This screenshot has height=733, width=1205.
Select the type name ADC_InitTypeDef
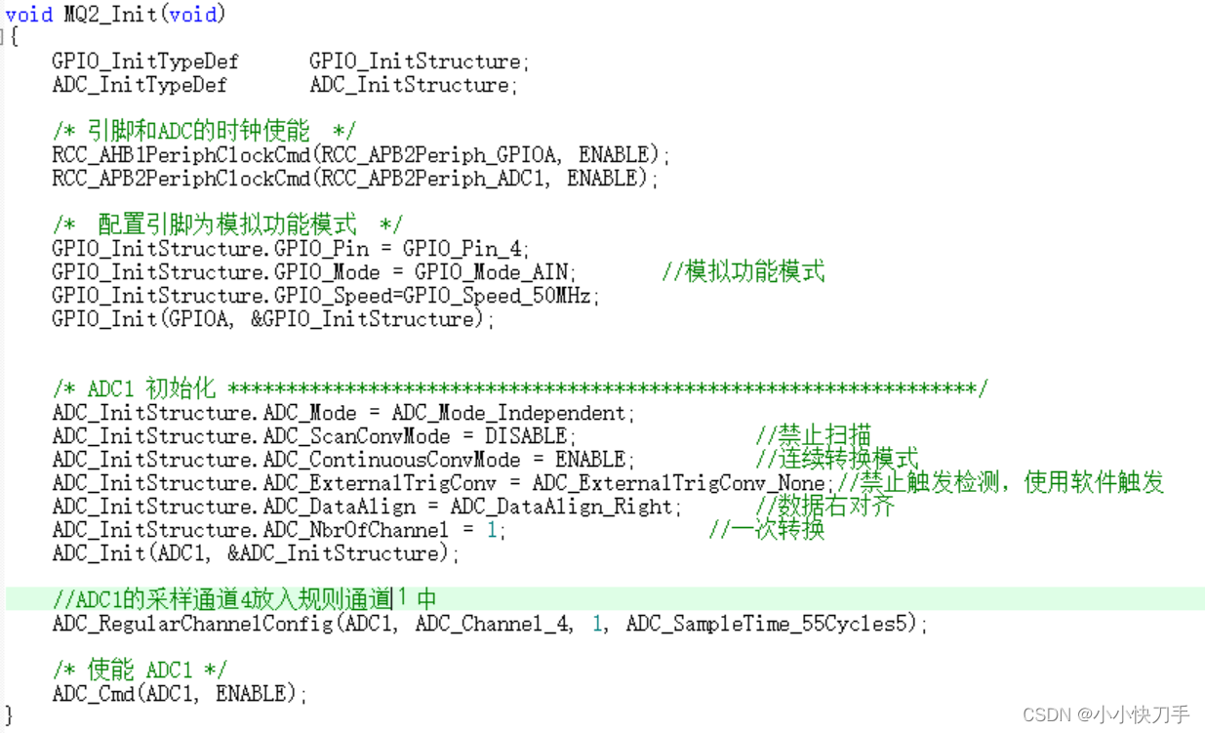(x=140, y=85)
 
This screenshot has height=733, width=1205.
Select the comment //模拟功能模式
(x=743, y=272)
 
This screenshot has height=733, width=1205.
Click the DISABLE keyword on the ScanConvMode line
(x=526, y=436)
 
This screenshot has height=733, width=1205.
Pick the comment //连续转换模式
(x=837, y=459)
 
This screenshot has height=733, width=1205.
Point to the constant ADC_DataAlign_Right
(x=561, y=507)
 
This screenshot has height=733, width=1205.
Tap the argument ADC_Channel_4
(x=495, y=624)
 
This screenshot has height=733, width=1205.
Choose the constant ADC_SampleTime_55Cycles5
(x=771, y=624)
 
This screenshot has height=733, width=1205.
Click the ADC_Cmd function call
(x=93, y=694)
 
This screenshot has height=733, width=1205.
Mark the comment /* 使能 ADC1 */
(x=140, y=671)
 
